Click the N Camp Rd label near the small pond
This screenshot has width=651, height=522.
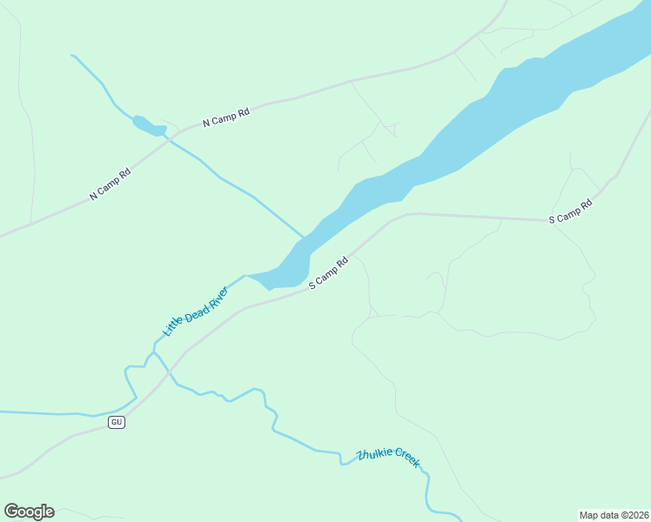click(x=226, y=117)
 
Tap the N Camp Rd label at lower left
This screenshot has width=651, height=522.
click(x=110, y=184)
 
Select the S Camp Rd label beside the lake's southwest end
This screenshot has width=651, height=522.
click(x=328, y=273)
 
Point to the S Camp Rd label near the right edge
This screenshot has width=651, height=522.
click(x=570, y=211)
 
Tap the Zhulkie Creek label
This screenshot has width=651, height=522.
click(x=388, y=458)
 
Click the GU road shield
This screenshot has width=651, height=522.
click(x=117, y=422)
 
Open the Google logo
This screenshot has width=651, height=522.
click(x=29, y=512)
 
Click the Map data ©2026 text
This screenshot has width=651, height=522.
click(x=614, y=514)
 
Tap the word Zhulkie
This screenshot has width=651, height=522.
click(x=375, y=455)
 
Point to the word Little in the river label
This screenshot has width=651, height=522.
click(x=173, y=328)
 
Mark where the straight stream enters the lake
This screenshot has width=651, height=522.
click(x=304, y=238)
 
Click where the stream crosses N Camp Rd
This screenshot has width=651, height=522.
click(x=171, y=141)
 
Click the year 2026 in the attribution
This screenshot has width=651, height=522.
click(x=639, y=514)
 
